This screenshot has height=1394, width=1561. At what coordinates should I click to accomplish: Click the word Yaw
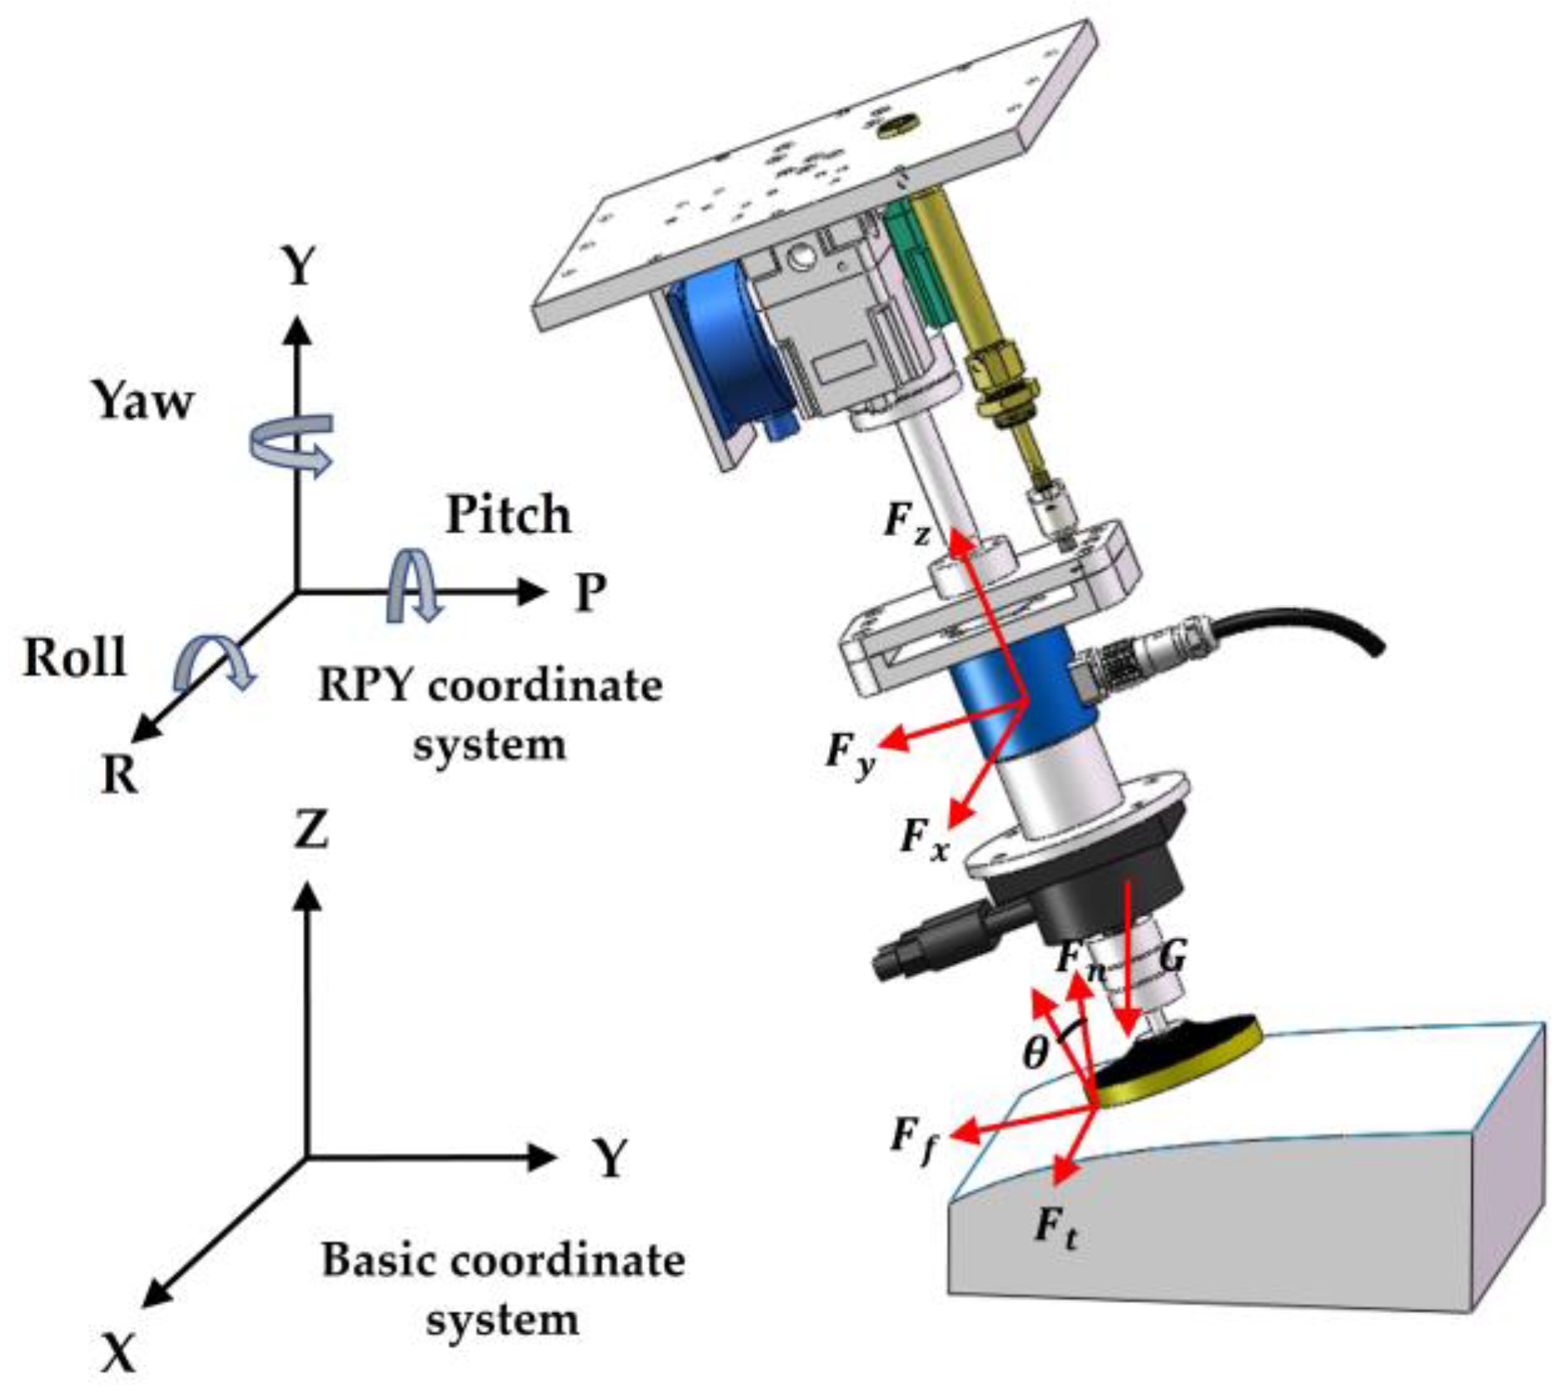(143, 402)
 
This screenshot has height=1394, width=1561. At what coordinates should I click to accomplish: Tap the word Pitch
(508, 515)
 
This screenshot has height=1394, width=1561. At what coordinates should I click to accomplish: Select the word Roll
(75, 658)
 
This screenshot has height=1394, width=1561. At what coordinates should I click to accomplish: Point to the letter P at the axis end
(591, 593)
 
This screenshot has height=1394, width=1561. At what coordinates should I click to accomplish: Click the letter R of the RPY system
(119, 775)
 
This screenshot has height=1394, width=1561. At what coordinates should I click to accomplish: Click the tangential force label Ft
(1055, 1229)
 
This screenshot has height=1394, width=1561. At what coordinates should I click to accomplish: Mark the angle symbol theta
(1035, 1054)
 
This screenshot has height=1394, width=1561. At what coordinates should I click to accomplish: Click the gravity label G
(1172, 958)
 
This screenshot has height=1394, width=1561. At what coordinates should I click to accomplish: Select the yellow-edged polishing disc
(1176, 1057)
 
